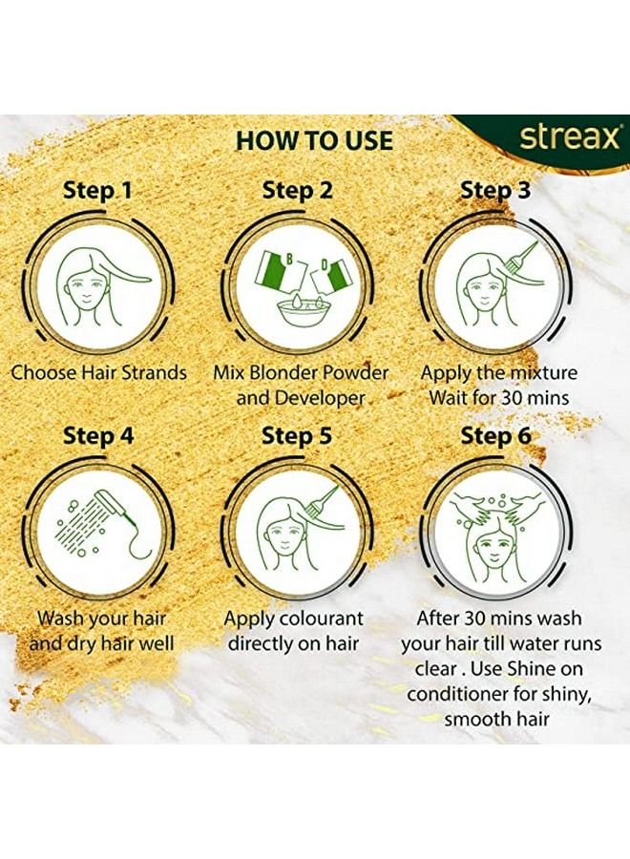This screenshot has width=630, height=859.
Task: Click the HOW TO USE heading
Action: (314, 140)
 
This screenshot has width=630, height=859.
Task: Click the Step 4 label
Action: (98, 436)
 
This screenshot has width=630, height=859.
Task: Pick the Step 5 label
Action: (297, 436)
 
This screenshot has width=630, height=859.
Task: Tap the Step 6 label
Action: (495, 436)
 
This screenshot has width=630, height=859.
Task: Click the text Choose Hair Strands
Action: (98, 372)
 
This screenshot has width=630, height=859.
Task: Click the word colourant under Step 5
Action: (320, 618)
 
